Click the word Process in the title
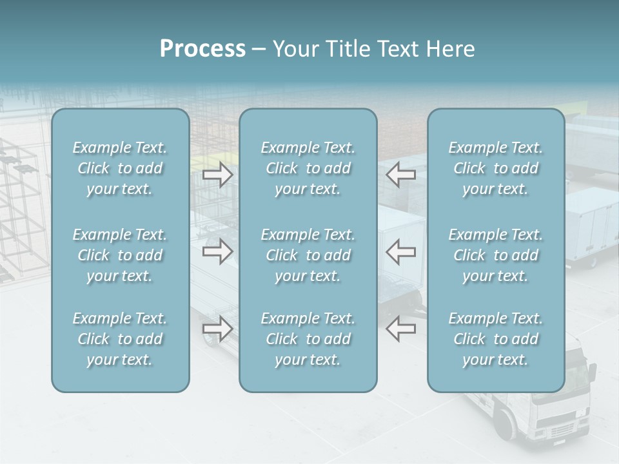[x=202, y=49]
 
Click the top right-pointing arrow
[x=217, y=175]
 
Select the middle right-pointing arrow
[x=217, y=251]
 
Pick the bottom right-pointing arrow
[x=217, y=329]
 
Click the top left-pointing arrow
[x=401, y=174]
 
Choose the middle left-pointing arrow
[x=401, y=251]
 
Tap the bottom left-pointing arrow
[x=401, y=328]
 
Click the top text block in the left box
[x=120, y=168]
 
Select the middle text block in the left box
[x=120, y=255]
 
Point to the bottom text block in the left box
[x=120, y=339]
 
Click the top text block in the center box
[x=308, y=168]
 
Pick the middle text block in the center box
[x=308, y=255]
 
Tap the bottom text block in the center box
[x=308, y=339]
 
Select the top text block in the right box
[x=495, y=168]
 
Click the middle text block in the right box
[x=495, y=255]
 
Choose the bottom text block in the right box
[x=495, y=339]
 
